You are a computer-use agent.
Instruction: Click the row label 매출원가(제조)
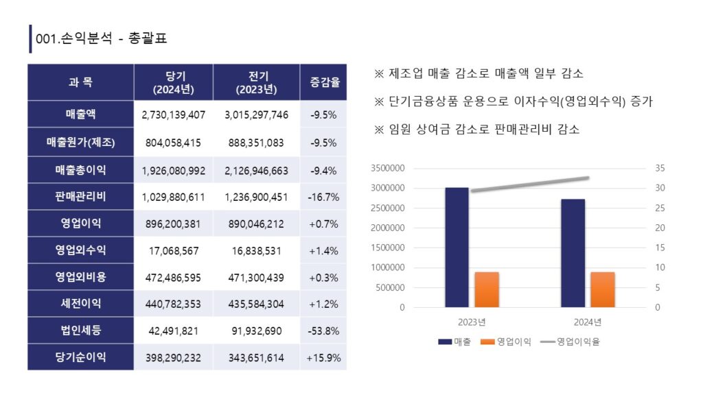(x=80, y=143)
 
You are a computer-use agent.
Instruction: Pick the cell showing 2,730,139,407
(x=174, y=115)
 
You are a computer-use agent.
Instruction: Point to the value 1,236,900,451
(x=256, y=197)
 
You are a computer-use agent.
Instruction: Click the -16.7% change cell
(x=323, y=197)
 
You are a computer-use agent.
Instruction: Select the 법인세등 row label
(x=80, y=331)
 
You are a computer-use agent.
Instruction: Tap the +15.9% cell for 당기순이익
(x=323, y=357)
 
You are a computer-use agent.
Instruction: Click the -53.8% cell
(x=323, y=331)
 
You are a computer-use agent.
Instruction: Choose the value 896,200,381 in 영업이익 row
(x=174, y=224)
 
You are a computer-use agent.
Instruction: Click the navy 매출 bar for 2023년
(x=457, y=247)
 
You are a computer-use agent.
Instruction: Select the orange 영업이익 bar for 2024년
(x=603, y=289)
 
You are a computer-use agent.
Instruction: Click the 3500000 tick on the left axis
(x=388, y=168)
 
